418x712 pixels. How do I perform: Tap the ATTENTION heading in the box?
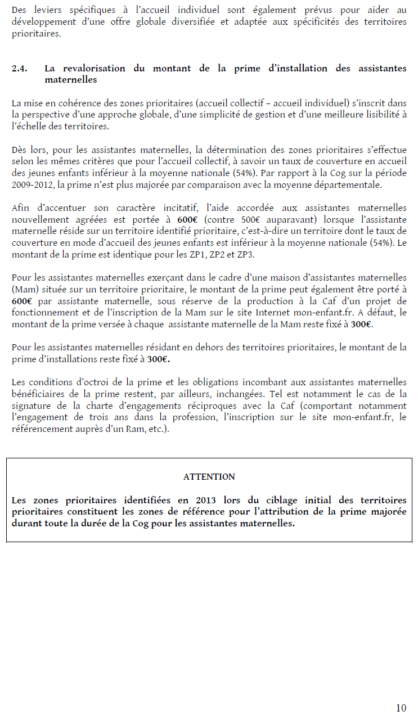[209, 476]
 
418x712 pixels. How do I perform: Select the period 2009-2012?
[32, 184]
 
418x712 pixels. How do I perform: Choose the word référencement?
[42, 429]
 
